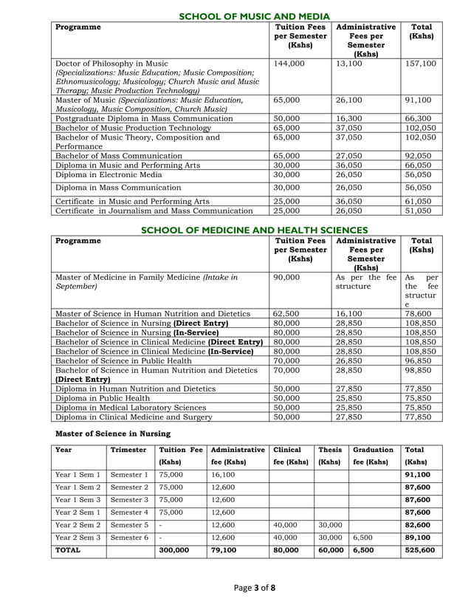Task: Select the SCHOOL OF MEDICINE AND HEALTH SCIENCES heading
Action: click(254, 230)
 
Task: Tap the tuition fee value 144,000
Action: click(289, 64)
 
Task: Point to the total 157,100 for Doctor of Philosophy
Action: click(421, 64)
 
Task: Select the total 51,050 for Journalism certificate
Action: click(421, 210)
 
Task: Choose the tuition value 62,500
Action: click(286, 313)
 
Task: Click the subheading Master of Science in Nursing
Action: click(113, 433)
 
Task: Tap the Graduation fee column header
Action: click(373, 455)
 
